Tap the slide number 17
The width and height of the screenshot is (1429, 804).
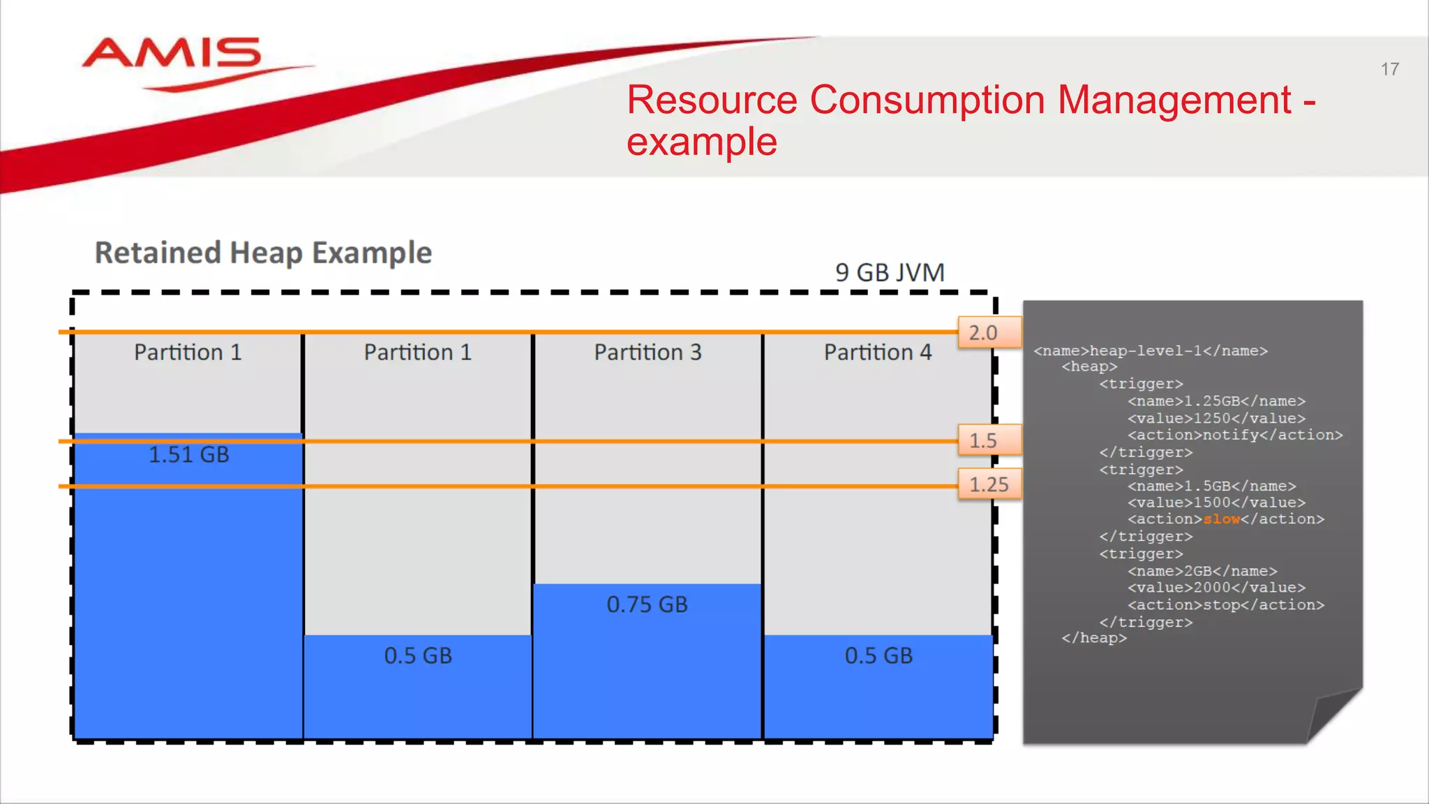tap(1389, 69)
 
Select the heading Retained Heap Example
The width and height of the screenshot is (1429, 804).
tap(263, 253)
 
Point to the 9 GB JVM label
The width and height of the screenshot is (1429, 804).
tap(890, 272)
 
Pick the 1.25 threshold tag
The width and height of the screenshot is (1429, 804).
tap(989, 484)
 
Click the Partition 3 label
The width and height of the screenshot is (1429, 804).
tap(648, 352)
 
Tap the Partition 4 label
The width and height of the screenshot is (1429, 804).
tap(878, 352)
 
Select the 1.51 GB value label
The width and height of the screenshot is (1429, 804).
tap(188, 455)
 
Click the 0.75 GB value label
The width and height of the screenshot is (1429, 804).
tap(647, 604)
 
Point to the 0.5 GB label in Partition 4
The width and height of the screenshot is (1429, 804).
tap(878, 656)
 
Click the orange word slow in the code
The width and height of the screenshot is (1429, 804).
tap(1221, 519)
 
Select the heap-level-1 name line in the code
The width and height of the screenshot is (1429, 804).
tap(1150, 351)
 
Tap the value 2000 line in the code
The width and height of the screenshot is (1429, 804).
tap(1215, 588)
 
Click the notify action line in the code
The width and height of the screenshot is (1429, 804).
tap(1234, 435)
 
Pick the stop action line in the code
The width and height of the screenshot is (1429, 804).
tap(1225, 605)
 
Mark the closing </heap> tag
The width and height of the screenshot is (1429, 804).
tap(1093, 638)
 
